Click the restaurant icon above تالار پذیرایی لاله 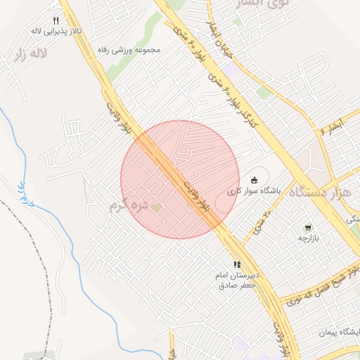(x=56, y=20)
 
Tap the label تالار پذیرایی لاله (x=56, y=32)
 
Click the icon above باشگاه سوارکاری (x=255, y=179)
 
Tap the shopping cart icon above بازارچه (x=307, y=228)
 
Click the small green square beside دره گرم (x=156, y=207)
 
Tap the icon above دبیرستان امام (x=236, y=264)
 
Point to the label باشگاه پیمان (x=340, y=331)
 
